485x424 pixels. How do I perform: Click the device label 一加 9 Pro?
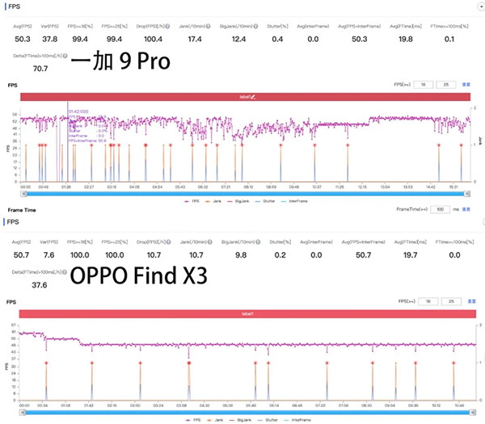tap(120, 62)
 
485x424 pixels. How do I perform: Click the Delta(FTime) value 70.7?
tap(40, 69)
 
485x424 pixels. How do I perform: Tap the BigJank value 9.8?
tap(237, 254)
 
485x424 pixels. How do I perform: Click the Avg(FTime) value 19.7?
tap(404, 254)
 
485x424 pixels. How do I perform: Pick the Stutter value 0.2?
tap(277, 254)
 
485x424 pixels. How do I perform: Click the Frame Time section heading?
tap(22, 208)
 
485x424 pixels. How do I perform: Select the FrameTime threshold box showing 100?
tap(440, 208)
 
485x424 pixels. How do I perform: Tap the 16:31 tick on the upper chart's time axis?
tap(453, 187)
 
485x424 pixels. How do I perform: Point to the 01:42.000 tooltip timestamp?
tap(78, 111)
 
